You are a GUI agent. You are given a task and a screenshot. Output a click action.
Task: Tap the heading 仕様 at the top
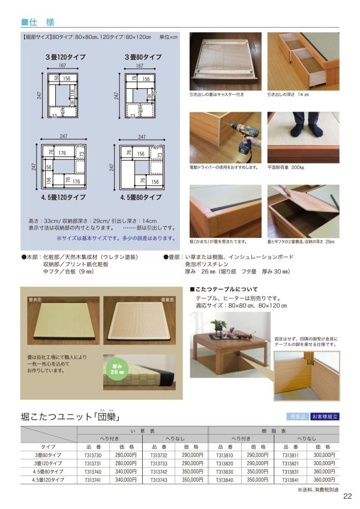point(41,22)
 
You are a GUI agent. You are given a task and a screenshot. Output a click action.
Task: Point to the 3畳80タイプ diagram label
point(143,57)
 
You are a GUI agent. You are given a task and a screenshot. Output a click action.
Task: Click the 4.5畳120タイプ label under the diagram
point(63,197)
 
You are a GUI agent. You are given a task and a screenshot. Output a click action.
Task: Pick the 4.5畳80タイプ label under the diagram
point(141,197)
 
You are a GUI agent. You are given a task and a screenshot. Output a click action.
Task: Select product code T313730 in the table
point(93,455)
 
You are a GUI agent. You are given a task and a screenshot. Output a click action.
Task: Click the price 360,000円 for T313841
point(324,480)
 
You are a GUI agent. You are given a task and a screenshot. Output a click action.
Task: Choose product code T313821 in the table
point(290,463)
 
